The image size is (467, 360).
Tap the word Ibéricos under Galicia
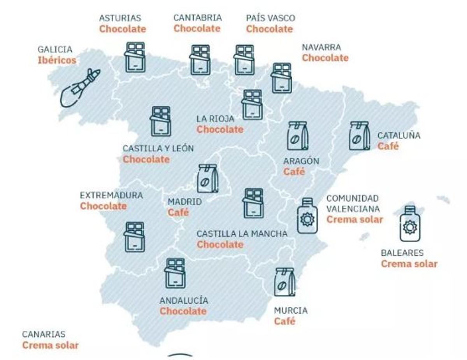click(57, 60)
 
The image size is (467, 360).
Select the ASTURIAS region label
click(120, 18)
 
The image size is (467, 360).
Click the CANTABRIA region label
click(197, 18)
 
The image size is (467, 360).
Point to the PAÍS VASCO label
click(270, 18)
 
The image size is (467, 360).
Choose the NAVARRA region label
click(321, 47)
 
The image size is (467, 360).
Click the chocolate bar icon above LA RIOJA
click(252, 104)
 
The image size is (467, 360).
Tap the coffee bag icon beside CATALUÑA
click(359, 136)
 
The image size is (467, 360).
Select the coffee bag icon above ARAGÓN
click(298, 136)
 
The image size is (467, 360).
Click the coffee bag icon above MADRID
click(208, 178)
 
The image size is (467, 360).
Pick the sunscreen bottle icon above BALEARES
click(410, 224)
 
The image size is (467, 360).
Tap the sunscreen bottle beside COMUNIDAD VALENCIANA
click(307, 216)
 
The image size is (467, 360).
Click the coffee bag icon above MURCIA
click(284, 282)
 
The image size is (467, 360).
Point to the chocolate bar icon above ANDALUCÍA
click(175, 273)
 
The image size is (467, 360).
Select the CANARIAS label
click(44, 334)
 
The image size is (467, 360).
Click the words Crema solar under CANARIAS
click(50, 345)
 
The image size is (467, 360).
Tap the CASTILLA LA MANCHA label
click(242, 234)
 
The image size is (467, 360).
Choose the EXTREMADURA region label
click(111, 195)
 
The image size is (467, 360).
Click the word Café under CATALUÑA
click(388, 147)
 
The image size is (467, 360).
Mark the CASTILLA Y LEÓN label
click(158, 148)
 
